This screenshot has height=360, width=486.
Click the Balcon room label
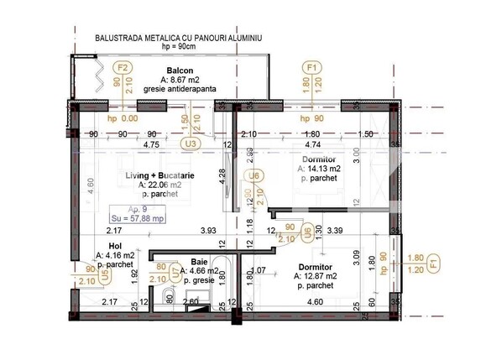click(x=181, y=70)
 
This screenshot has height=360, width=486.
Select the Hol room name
click(x=104, y=247)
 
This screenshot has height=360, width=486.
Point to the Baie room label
click(x=199, y=261)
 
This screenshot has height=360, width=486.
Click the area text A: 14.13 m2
click(x=320, y=169)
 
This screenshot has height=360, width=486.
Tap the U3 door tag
click(x=191, y=143)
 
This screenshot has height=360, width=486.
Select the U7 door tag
click(x=175, y=272)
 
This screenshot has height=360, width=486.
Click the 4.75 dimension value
click(x=152, y=144)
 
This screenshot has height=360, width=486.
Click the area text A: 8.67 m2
click(x=181, y=80)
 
